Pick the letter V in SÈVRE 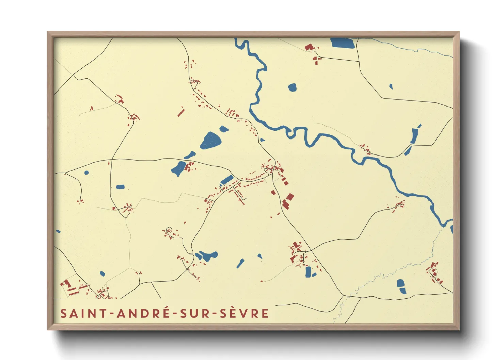pos(245,313)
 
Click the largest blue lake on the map pos(210,141)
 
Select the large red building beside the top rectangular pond pos(309,47)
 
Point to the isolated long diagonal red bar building pos(181,112)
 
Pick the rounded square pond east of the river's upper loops pos(292,87)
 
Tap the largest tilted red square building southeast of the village pos(290,197)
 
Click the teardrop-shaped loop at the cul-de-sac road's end pos(169,230)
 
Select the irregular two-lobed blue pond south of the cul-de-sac pos(206,256)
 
